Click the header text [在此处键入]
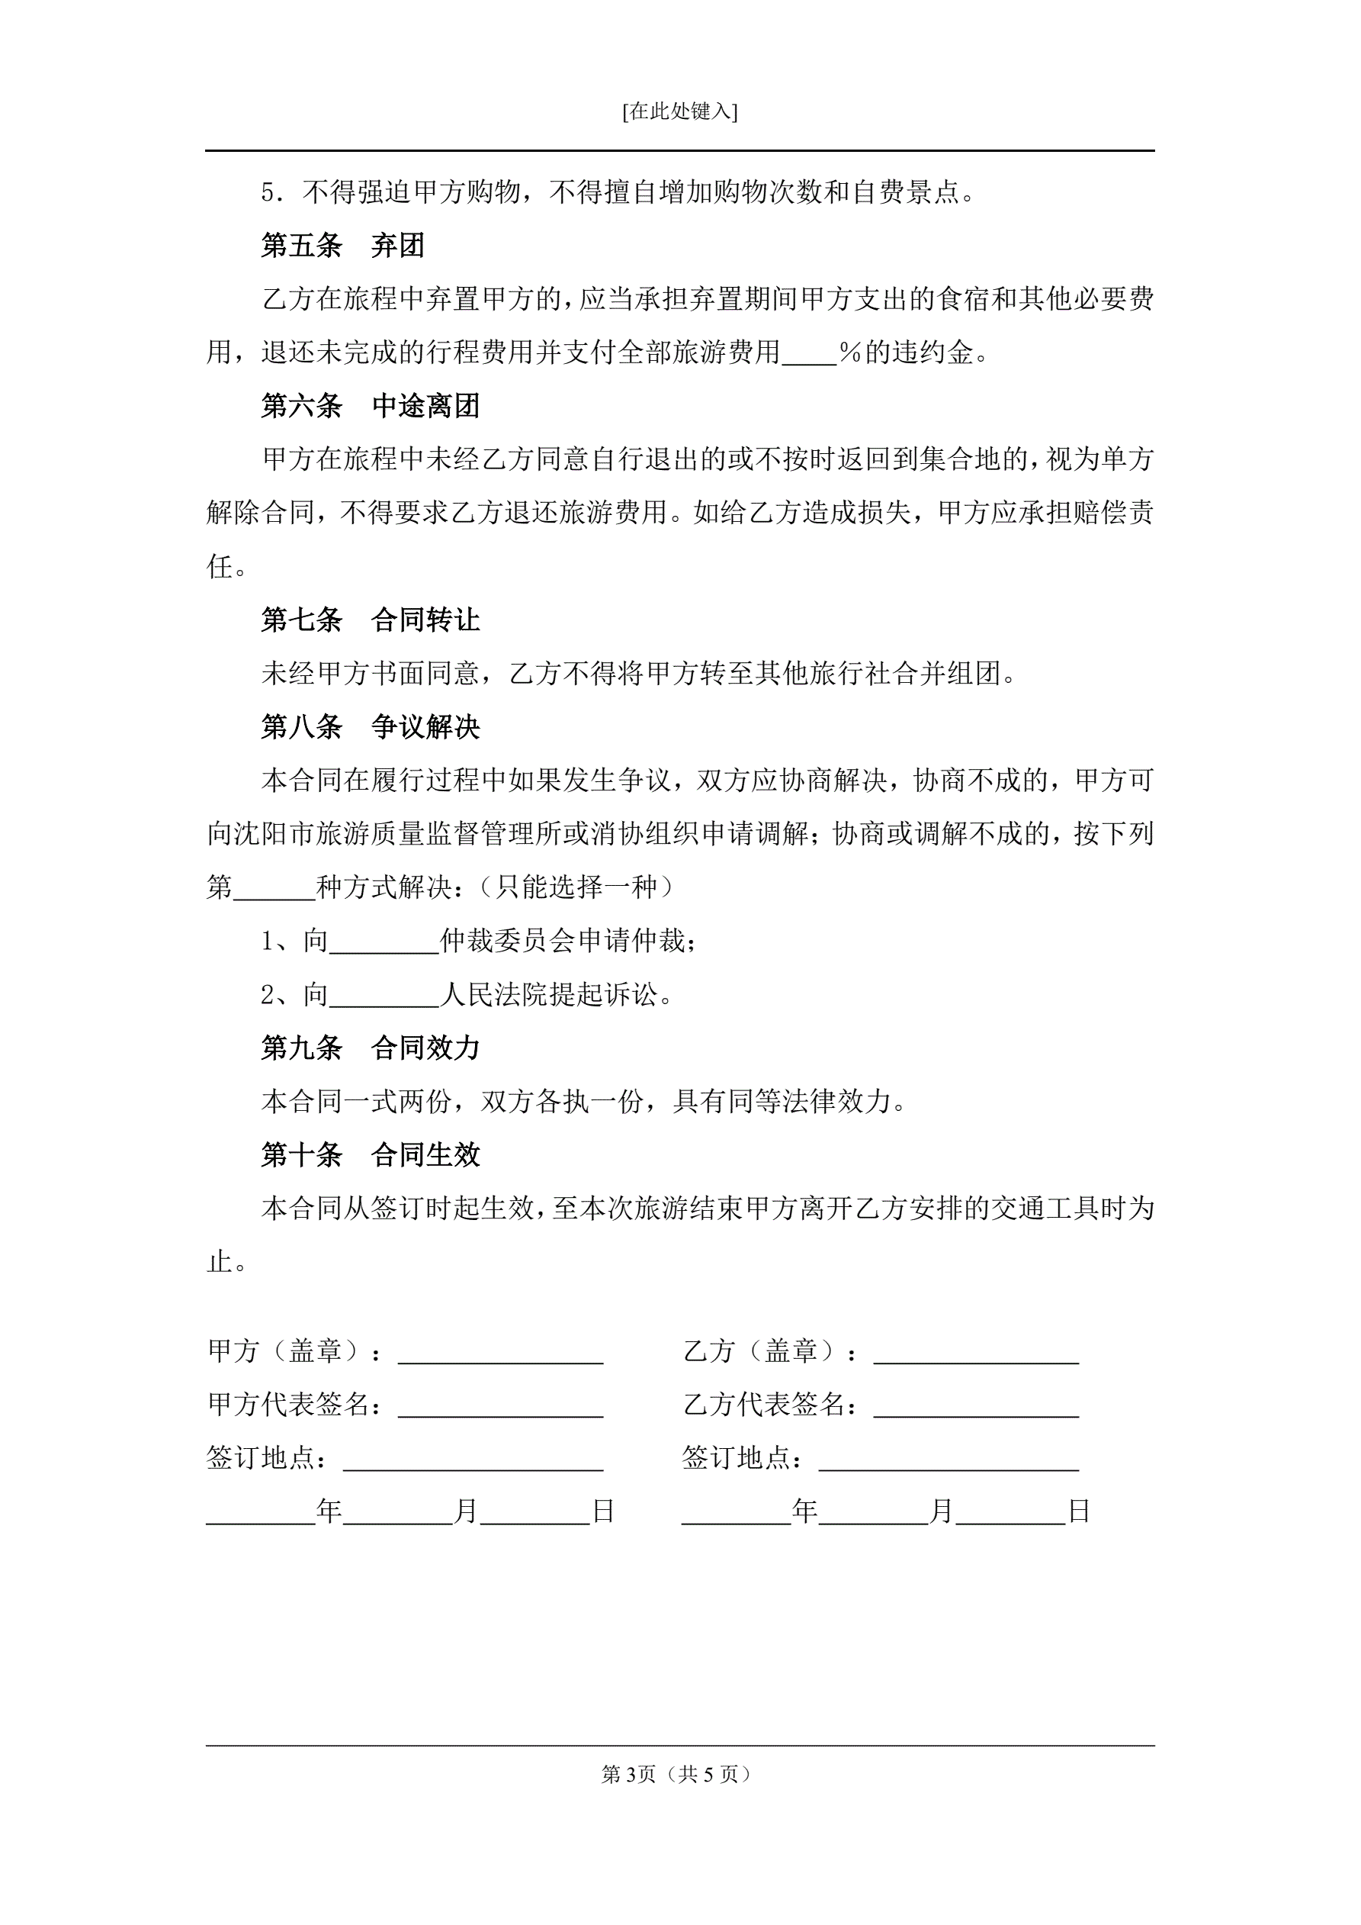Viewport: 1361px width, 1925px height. tap(679, 111)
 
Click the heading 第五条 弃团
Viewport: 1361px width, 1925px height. tap(343, 246)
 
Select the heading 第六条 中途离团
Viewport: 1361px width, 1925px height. tap(370, 406)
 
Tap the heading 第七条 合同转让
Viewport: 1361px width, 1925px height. tap(370, 620)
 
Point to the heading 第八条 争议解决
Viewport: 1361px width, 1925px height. tap(370, 727)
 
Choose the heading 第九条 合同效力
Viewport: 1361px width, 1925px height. tap(370, 1048)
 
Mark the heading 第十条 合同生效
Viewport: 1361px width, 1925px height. tap(370, 1154)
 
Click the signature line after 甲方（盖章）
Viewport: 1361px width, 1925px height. tap(500, 1354)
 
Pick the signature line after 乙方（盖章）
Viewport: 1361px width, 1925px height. tap(975, 1354)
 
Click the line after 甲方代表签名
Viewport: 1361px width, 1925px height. tap(500, 1407)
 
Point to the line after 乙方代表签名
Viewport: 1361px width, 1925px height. tap(975, 1407)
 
